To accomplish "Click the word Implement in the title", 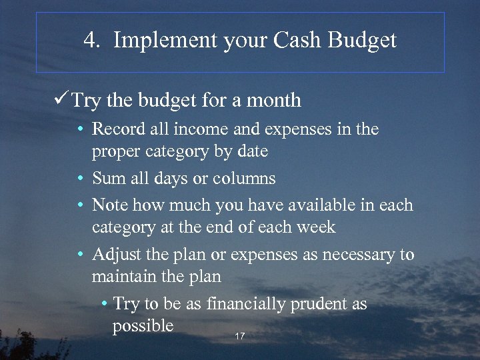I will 153,41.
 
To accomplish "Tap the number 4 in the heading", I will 90,41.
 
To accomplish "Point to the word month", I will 274,101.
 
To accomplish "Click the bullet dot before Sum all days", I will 79,179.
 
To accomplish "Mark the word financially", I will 245,304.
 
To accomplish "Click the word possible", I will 143,326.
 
